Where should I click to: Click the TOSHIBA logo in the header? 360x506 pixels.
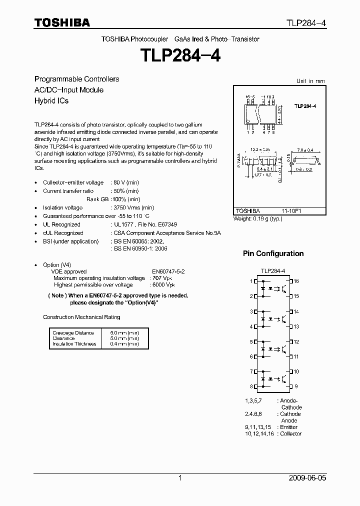(62, 22)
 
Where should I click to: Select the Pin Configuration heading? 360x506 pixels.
(273, 253)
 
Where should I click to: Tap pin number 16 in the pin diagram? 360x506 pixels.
(296, 281)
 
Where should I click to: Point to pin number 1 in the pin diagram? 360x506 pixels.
(251, 281)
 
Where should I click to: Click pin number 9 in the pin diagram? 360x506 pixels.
(296, 386)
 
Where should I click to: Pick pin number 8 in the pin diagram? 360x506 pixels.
(251, 386)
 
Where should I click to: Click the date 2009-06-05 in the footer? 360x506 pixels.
(307, 478)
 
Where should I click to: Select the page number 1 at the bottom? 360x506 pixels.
(180, 478)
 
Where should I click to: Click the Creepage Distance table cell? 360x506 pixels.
(73, 332)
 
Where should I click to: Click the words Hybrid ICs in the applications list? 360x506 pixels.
(51, 100)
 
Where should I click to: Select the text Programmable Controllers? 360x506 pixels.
(76, 79)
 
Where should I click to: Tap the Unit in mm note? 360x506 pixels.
(310, 81)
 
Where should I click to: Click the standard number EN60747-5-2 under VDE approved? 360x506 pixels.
(169, 272)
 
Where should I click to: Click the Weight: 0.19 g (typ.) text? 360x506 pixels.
(258, 219)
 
